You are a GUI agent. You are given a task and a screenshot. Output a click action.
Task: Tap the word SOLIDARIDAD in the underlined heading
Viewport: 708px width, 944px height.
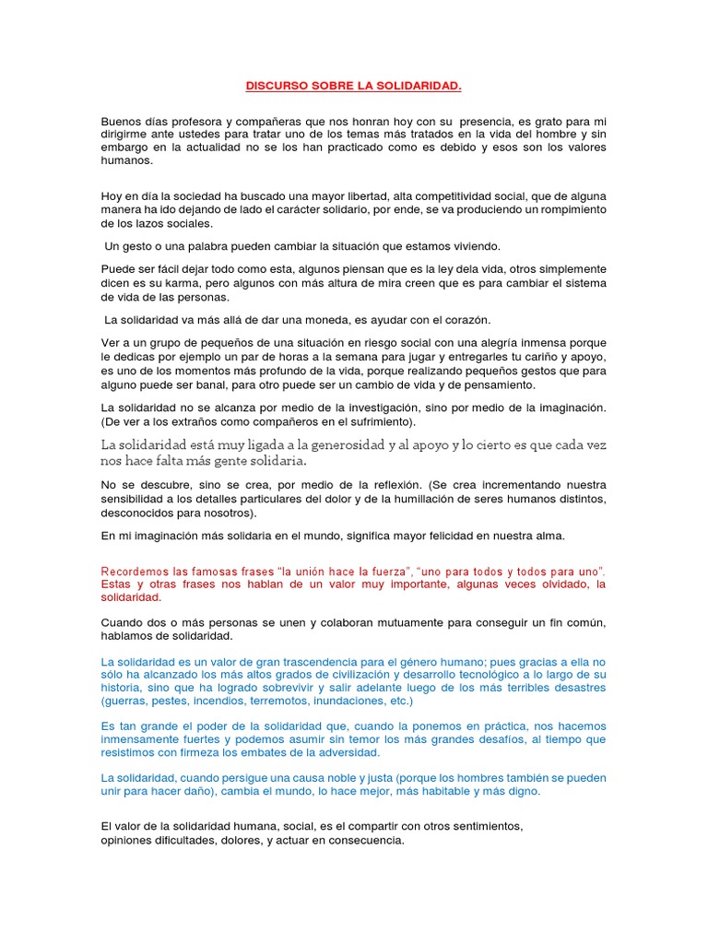tap(417, 86)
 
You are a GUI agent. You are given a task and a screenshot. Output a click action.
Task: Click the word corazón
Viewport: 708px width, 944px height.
tap(463, 319)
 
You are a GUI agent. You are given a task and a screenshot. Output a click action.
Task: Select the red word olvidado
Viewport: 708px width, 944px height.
tap(543, 584)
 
